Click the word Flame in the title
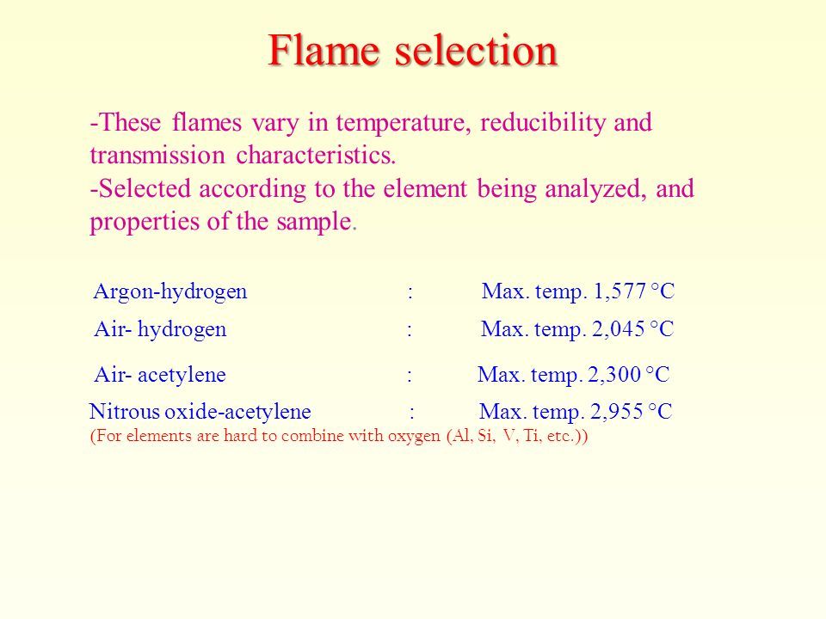point(324,50)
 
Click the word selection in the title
point(476,50)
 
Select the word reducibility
point(543,124)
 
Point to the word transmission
point(157,156)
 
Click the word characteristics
point(316,155)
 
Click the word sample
point(316,222)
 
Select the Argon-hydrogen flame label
point(170,292)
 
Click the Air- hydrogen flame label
point(160,330)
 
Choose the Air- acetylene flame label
point(160,375)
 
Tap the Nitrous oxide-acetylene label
point(200,412)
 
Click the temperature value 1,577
point(620,291)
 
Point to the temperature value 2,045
point(619,329)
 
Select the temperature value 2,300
point(614,375)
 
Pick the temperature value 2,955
point(616,412)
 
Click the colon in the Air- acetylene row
point(410,376)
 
